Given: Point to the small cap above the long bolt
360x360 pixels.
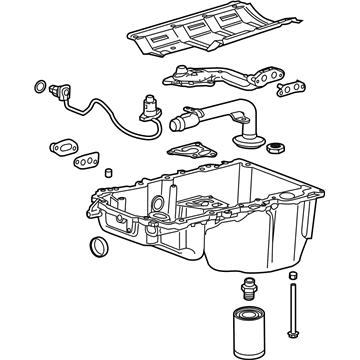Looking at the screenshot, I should [291, 275].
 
